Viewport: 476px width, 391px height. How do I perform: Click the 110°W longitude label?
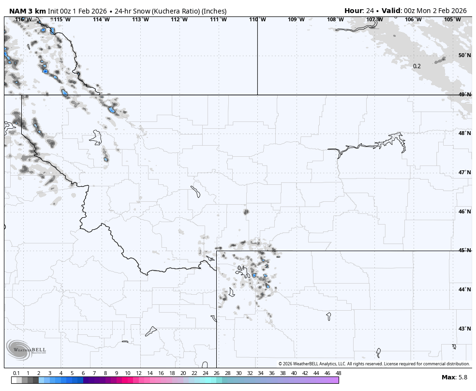257,19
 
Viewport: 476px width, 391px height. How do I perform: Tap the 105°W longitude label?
452,19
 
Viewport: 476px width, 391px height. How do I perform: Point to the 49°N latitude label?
464,94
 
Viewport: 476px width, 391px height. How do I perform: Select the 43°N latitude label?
464,329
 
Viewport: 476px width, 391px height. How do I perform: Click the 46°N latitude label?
464,211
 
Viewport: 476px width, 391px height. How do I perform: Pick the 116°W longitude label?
23,19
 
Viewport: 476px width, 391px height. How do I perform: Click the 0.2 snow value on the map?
416,66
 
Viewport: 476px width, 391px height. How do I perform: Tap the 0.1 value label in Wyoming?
241,268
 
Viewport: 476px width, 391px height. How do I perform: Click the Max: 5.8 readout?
454,377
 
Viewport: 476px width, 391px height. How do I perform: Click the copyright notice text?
374,364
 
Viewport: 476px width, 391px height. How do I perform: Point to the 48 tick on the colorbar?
338,373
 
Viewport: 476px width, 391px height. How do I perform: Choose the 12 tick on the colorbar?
139,373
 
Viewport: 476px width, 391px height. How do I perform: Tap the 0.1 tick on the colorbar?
16,373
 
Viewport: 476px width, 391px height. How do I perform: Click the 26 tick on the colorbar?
216,373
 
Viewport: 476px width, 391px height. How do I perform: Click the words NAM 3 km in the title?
28,11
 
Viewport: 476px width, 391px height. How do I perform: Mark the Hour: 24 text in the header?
358,11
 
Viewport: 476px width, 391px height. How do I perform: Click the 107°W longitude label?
374,19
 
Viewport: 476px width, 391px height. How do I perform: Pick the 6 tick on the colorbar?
83,373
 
